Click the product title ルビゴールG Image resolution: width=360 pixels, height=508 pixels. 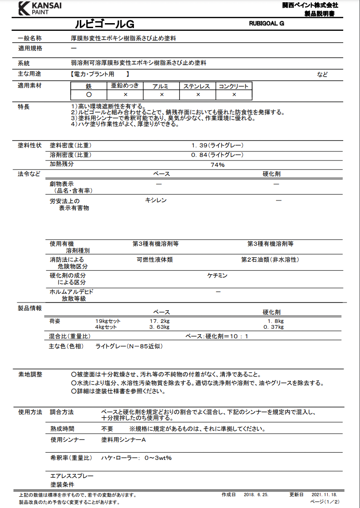pyautogui.click(x=104, y=24)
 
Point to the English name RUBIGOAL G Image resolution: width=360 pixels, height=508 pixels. pyautogui.click(x=266, y=23)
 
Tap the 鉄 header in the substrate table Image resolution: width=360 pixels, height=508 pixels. pyautogui.click(x=89, y=86)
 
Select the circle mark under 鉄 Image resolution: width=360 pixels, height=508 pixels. pyautogui.click(x=89, y=95)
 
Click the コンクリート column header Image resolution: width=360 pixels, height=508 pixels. pyautogui.click(x=234, y=86)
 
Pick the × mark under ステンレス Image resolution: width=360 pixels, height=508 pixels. pyautogui.click(x=198, y=95)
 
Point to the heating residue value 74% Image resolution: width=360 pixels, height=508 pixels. pyautogui.click(x=217, y=165)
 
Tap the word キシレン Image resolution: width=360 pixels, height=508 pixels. pyautogui.click(x=156, y=200)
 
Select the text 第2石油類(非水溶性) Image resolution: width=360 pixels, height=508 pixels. pyautogui.click(x=270, y=260)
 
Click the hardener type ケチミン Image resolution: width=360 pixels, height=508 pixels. pyautogui.click(x=217, y=275)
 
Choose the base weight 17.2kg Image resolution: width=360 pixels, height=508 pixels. pyautogui.click(x=159, y=321)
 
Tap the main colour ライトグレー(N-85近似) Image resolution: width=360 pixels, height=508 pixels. pyautogui.click(x=129, y=346)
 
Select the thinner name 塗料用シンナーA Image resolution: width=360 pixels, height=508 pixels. pyautogui.click(x=123, y=440)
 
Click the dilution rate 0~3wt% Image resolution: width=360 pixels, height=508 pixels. pyautogui.click(x=158, y=458)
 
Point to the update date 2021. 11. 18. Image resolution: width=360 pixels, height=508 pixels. pyautogui.click(x=324, y=495)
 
